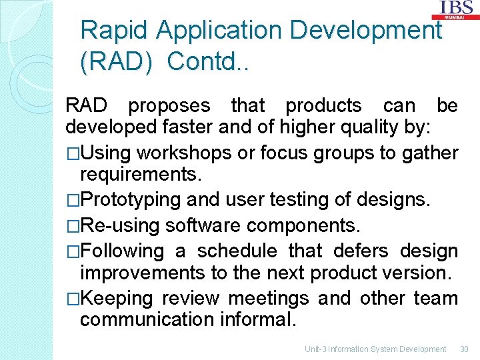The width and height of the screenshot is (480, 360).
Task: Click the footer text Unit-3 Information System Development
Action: (375, 349)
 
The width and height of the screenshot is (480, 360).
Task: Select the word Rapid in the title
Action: (115, 31)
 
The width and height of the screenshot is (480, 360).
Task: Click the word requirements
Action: (139, 175)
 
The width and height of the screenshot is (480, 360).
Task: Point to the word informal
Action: (257, 320)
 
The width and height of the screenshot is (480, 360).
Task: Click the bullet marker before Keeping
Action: (72, 298)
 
